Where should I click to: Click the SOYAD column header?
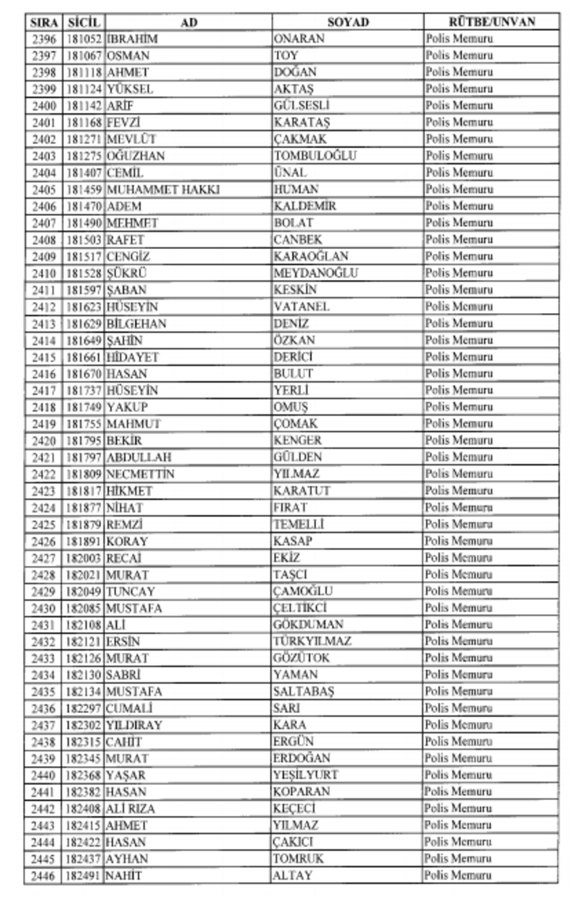tap(348, 22)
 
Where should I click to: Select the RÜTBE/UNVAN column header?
tap(492, 22)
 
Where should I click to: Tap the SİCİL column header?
tap(83, 22)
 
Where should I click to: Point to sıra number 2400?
tap(44, 106)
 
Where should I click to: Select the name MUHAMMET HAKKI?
tap(163, 190)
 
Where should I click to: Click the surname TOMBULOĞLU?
tap(315, 156)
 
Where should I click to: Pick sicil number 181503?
tap(83, 240)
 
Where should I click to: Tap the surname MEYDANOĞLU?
tap(316, 273)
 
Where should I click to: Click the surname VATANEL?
tap(302, 307)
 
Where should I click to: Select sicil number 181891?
tap(83, 542)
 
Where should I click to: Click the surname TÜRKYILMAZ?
tap(312, 641)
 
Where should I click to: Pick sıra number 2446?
tap(44, 875)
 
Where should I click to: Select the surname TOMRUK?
tap(298, 859)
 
